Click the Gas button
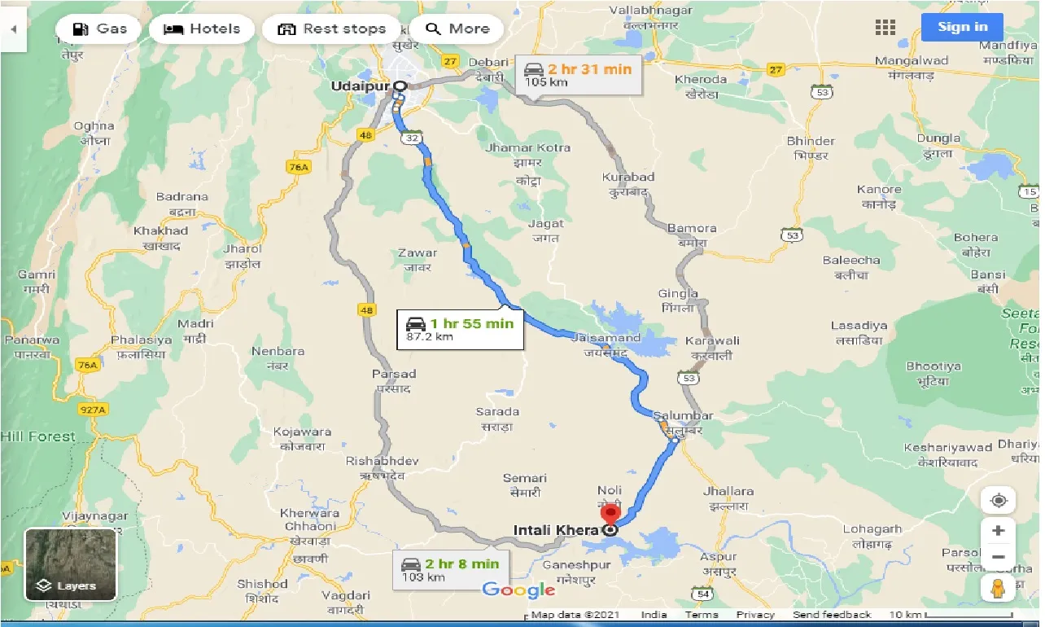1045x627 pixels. (98, 29)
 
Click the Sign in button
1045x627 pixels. (962, 27)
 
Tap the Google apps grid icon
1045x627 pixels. (885, 27)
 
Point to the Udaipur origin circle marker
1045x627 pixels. (400, 85)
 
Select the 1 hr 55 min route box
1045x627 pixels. (460, 329)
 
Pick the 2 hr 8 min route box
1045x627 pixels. (450, 569)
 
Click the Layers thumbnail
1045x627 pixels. (70, 564)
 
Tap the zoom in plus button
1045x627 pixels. (998, 531)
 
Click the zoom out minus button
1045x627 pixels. (998, 557)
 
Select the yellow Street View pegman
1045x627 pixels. (998, 589)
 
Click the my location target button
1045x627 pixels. (998, 499)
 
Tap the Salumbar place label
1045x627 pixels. (676, 417)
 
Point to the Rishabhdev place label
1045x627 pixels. (382, 461)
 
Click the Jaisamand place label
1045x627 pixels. (606, 337)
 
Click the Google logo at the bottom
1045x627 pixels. (518, 590)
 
